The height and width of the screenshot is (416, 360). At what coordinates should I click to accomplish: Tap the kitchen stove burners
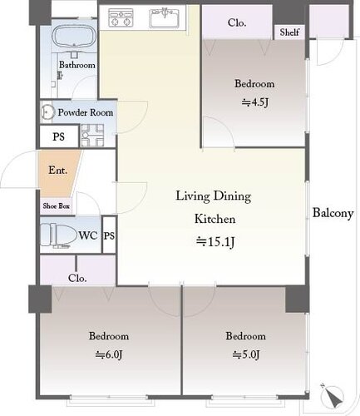click(121, 17)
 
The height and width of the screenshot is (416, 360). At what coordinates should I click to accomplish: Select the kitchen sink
click(164, 18)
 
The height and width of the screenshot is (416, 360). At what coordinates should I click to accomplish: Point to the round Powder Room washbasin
click(47, 112)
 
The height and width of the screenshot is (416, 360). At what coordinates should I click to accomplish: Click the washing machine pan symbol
click(92, 135)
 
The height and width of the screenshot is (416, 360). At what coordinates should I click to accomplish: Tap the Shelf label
click(289, 32)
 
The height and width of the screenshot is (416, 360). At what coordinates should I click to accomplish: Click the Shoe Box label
click(57, 206)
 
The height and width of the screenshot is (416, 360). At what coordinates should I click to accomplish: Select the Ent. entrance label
click(58, 170)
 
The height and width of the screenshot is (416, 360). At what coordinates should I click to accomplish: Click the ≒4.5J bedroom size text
click(255, 102)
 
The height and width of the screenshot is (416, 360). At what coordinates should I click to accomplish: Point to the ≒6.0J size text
click(109, 354)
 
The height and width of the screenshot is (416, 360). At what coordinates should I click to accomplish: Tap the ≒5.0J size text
click(246, 354)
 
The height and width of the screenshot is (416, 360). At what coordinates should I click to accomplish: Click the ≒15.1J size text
click(215, 242)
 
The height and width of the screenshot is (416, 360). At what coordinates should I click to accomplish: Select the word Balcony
click(333, 213)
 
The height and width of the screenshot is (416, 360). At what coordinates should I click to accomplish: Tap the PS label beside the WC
click(109, 235)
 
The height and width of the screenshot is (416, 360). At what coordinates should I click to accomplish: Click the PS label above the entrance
click(59, 136)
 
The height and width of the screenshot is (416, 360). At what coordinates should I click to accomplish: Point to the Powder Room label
click(86, 112)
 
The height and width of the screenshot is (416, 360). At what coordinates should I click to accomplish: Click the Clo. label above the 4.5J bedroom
click(237, 22)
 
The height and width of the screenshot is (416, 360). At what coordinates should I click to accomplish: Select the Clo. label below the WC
click(77, 278)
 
